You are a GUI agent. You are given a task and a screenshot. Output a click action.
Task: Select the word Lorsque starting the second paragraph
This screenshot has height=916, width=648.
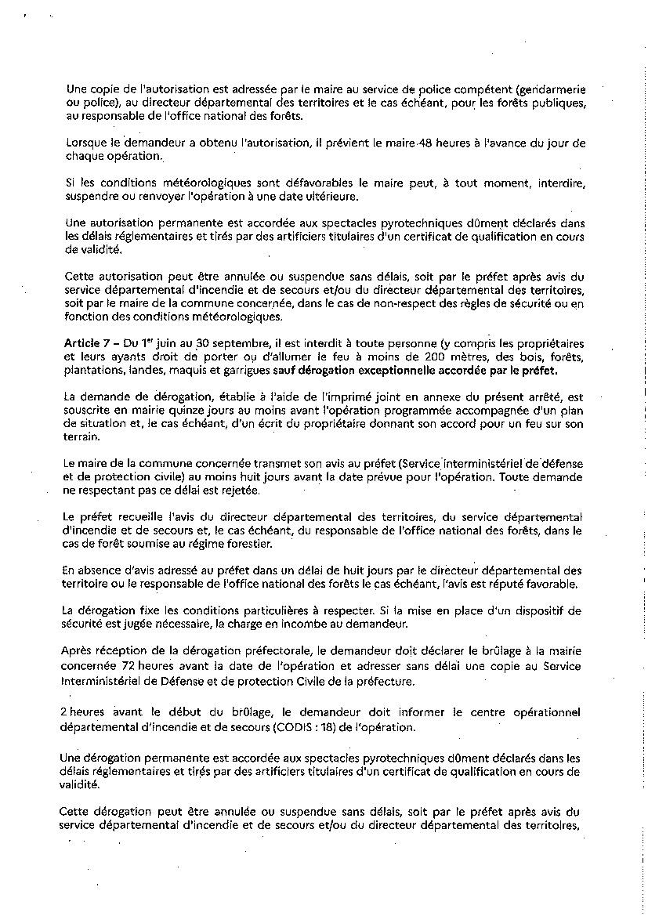click(x=86, y=143)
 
